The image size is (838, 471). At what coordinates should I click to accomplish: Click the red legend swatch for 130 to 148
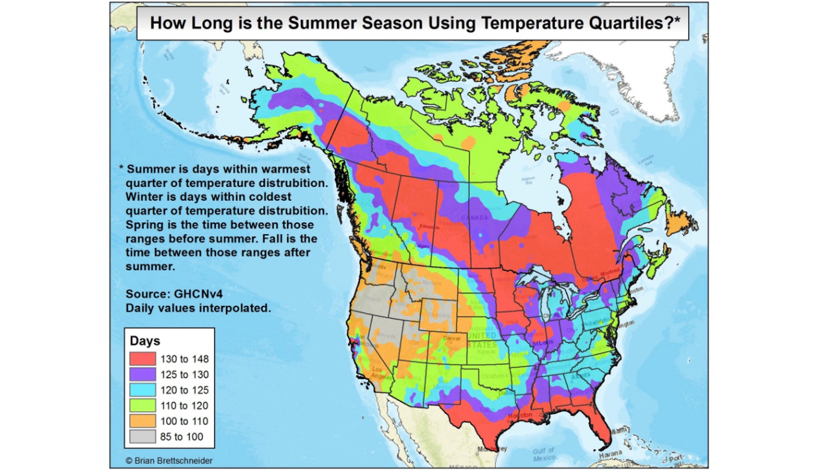tap(142, 359)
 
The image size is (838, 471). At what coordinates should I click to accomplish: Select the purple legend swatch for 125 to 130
tap(142, 374)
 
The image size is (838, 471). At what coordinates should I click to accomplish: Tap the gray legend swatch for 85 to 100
tap(142, 436)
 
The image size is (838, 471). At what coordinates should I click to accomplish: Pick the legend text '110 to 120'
tap(184, 406)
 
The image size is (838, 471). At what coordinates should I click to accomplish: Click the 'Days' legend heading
tap(145, 341)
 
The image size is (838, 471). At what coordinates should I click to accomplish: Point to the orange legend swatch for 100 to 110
tap(142, 421)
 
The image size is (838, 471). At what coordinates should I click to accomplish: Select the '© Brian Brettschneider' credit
tap(169, 461)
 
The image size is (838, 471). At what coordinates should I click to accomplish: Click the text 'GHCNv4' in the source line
tap(198, 294)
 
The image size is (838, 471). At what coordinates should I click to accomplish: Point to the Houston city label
tap(520, 415)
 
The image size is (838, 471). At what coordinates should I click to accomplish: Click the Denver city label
tap(451, 339)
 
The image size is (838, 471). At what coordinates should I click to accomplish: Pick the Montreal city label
tap(610, 273)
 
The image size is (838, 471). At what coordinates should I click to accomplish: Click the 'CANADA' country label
tap(475, 218)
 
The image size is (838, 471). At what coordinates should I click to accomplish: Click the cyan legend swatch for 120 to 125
tap(142, 390)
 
